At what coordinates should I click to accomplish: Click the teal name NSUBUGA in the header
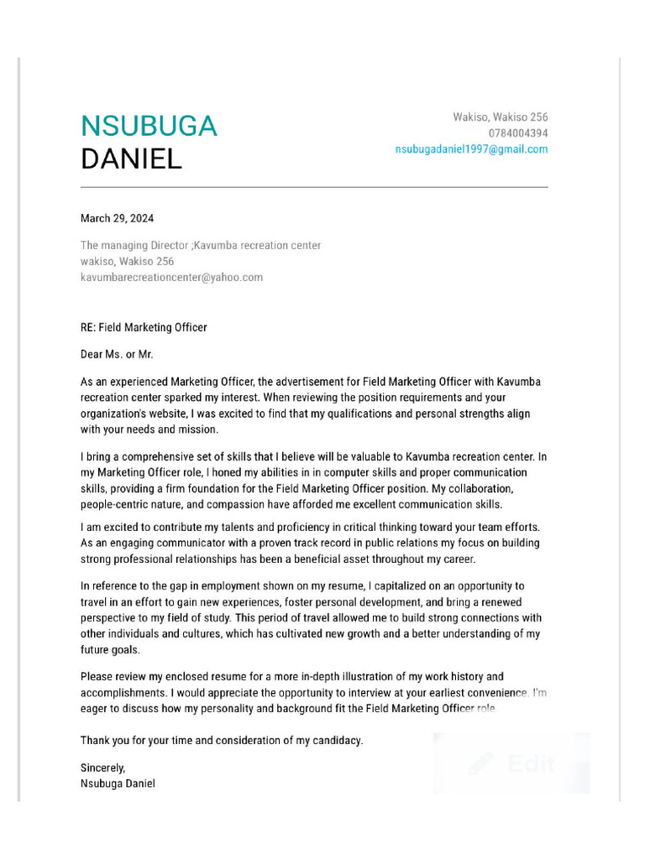click(x=149, y=126)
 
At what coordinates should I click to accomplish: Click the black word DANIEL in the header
click(x=131, y=159)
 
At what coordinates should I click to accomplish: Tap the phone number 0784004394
click(x=518, y=133)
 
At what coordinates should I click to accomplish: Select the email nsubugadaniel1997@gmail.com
click(x=471, y=149)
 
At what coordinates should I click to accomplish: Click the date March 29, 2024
click(x=117, y=218)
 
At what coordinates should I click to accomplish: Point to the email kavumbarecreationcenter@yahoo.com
click(x=171, y=277)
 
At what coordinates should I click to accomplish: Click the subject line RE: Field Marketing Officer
click(x=144, y=327)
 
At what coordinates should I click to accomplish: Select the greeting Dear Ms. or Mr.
click(x=117, y=355)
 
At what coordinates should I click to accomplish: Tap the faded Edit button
click(x=531, y=763)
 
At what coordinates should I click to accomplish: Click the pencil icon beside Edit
click(x=481, y=763)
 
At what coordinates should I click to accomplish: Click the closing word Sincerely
click(x=102, y=768)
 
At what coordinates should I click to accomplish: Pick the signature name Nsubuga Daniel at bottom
click(x=118, y=784)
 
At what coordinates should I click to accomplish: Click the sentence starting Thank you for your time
click(x=222, y=741)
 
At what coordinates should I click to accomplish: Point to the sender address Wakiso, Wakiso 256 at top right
click(x=501, y=117)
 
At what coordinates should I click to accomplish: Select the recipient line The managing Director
click(x=200, y=245)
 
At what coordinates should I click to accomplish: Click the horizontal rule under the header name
click(x=314, y=187)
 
